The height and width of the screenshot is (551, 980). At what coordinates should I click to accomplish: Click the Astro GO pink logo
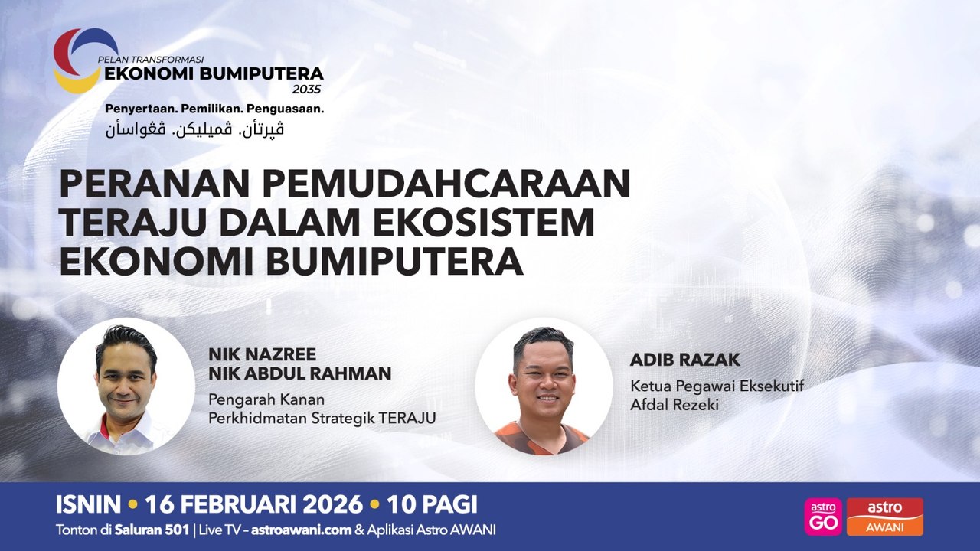[823, 517]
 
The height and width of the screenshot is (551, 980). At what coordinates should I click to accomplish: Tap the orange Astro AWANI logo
[884, 517]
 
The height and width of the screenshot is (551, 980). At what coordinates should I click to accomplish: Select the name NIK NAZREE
[262, 354]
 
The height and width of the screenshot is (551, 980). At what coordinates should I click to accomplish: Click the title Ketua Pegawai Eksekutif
[717, 386]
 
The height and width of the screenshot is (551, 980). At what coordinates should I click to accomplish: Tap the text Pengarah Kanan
[266, 399]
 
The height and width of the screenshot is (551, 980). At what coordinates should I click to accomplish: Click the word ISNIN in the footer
[88, 504]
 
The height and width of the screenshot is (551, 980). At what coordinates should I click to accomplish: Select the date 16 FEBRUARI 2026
[253, 504]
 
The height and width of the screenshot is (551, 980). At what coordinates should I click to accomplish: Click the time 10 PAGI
[432, 504]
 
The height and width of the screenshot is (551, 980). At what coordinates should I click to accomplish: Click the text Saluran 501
[152, 530]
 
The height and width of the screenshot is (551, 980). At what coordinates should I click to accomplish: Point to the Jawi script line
[194, 129]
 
